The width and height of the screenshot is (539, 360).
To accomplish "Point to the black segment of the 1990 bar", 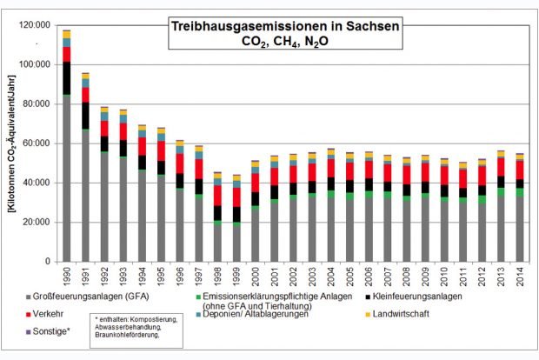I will click(x=66, y=78).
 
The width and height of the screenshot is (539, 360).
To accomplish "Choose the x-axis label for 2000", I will click(x=255, y=276).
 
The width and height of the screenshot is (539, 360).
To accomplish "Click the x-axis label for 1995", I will click(x=161, y=276).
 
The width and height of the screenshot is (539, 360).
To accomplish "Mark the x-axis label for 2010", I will click(x=444, y=276).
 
